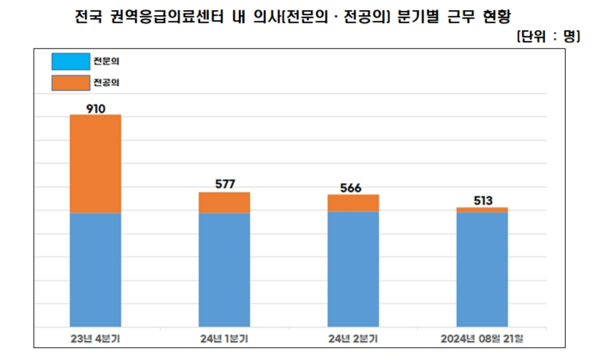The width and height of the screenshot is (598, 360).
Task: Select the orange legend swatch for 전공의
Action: coord(70,82)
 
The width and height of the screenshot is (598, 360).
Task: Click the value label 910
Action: coord(95,108)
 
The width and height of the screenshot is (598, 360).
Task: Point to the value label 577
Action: coord(224,184)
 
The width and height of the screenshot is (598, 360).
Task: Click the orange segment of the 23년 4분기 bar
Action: coord(95,163)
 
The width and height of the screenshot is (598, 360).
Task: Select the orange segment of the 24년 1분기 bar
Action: coord(224,203)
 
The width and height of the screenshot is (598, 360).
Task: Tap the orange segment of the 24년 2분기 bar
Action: coord(353,203)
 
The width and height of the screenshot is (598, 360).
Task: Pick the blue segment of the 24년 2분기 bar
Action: coord(353,269)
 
